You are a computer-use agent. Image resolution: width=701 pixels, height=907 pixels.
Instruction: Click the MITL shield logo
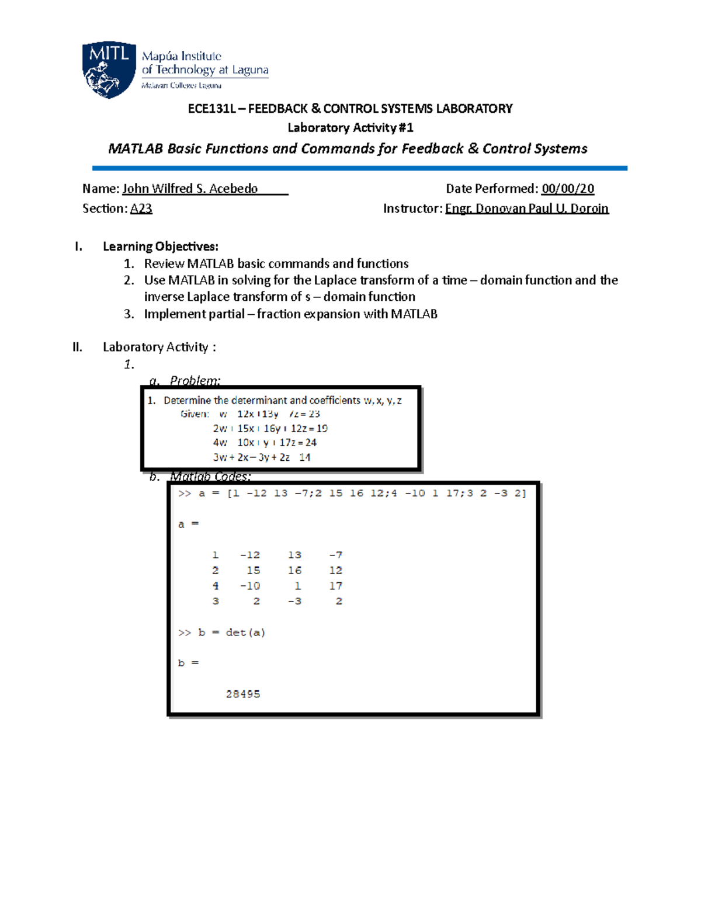coord(109,69)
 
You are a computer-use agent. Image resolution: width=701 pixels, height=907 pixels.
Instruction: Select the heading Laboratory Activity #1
coord(350,127)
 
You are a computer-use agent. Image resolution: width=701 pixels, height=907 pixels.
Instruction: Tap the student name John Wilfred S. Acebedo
coord(190,189)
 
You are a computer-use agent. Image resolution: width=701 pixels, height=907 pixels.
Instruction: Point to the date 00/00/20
coord(567,189)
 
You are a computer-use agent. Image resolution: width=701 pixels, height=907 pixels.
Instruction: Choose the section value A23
coord(141,208)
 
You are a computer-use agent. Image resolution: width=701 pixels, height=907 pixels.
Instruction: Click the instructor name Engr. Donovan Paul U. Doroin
coord(526,208)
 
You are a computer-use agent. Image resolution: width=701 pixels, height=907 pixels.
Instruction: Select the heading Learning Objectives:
coord(161,246)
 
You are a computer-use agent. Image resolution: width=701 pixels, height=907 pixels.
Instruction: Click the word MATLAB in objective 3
coord(414,314)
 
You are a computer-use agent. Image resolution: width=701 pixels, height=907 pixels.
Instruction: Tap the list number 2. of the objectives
coord(129,280)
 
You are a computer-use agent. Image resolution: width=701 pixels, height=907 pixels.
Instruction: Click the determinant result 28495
coord(243,694)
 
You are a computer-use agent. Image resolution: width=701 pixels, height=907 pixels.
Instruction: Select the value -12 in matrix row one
coord(250,555)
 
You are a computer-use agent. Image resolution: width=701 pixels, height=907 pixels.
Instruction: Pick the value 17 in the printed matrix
coord(335,586)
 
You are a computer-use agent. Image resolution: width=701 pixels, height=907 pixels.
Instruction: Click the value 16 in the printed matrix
coord(294,570)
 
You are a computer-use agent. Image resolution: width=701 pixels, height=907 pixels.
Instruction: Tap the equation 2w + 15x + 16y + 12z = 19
coord(270,428)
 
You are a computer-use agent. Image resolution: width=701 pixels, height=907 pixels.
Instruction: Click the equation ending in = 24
coord(264,443)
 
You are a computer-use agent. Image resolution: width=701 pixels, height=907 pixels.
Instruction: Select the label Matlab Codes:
coord(210,477)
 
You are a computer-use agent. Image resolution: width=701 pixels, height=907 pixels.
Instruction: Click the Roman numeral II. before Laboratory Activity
coord(77,347)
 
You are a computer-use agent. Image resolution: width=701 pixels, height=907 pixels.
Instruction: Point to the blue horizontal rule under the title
coord(359,168)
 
